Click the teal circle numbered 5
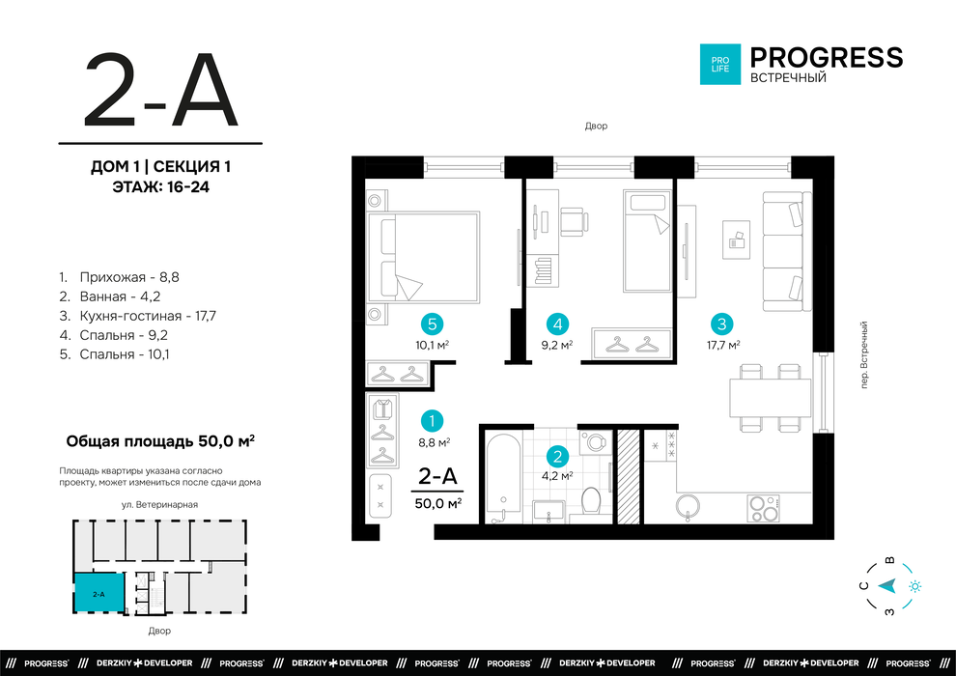coord(433,324)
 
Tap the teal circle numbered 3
coord(722,324)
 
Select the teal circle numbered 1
coord(433,421)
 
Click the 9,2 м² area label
coord(557,345)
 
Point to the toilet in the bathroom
coord(591,501)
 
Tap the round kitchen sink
coord(688,506)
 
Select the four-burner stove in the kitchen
coord(764,509)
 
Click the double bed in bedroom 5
coord(423,257)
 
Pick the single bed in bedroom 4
coord(647,240)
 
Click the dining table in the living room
coord(771,398)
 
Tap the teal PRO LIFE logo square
coord(720,64)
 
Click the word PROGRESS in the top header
coord(827,57)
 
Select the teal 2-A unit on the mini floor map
coord(98,593)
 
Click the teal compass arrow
coord(887,586)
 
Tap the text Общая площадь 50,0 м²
coord(160,440)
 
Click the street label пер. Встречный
coord(863,355)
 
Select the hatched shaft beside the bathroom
coord(629,477)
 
